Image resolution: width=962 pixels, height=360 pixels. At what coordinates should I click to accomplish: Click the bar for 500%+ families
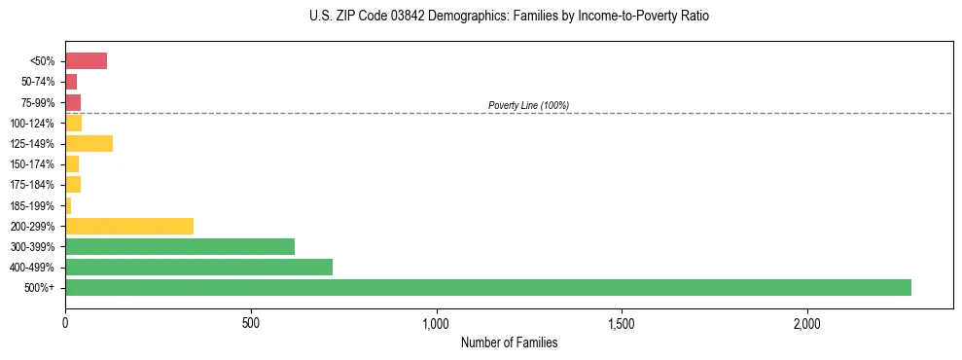point(487,288)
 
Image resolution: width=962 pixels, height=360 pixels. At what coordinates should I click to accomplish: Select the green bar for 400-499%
point(198,268)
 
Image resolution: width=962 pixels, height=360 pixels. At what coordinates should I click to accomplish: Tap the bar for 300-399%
point(180,247)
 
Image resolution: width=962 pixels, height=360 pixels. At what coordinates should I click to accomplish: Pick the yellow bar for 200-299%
point(129,227)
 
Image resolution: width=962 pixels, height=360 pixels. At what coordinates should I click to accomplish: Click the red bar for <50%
point(86,61)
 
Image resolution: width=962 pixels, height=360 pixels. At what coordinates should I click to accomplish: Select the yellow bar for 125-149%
point(89,144)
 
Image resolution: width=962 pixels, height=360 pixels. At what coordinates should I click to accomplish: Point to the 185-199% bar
point(68,205)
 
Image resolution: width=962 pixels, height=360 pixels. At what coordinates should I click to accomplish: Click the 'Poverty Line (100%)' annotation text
point(528,105)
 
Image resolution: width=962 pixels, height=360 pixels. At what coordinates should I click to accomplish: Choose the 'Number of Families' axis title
point(509,342)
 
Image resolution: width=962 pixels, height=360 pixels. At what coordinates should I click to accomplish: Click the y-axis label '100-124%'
point(32,124)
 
